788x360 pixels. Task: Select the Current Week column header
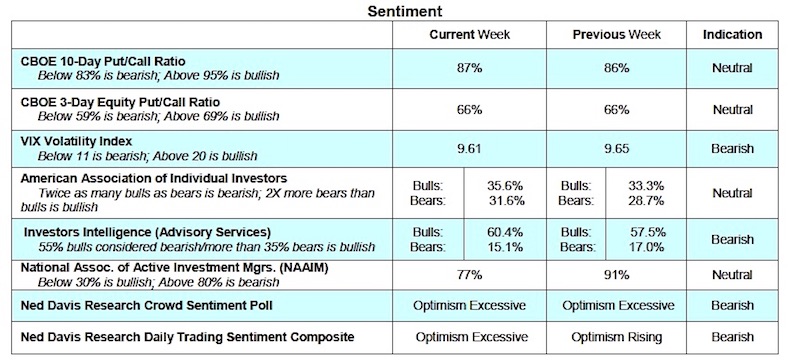click(469, 35)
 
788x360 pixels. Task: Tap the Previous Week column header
click(613, 35)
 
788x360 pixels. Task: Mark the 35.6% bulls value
click(496, 185)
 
